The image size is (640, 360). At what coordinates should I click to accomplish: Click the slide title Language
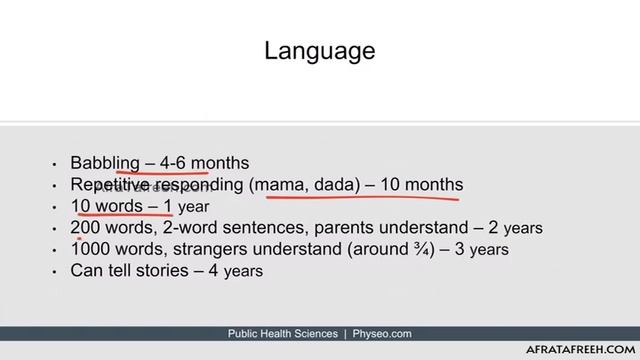click(320, 50)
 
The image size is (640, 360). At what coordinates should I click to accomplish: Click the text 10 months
click(420, 185)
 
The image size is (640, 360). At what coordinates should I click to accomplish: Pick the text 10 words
click(107, 207)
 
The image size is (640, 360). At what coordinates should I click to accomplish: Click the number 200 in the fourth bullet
click(85, 228)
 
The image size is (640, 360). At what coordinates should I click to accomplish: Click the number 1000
click(90, 249)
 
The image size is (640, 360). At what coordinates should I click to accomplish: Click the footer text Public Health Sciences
click(283, 334)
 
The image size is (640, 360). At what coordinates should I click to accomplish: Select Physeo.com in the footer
click(382, 334)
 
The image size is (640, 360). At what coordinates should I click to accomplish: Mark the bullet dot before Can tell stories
click(54, 271)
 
